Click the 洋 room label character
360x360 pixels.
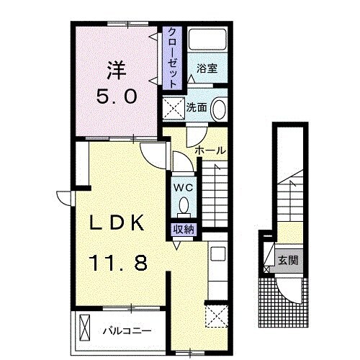117,71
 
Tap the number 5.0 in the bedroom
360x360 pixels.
117,96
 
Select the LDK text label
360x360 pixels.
117,223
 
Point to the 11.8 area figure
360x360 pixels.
118,263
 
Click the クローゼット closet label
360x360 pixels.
172,58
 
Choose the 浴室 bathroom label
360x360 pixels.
207,68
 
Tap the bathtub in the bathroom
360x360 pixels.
207,40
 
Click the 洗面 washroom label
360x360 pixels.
197,107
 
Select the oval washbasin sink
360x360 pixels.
219,109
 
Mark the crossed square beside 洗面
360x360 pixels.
174,109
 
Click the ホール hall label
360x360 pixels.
210,150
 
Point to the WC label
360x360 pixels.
184,188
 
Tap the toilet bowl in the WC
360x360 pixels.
184,205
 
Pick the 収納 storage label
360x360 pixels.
184,230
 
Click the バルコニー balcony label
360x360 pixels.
127,331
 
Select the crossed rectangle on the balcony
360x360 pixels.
84,327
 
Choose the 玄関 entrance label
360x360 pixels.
288,260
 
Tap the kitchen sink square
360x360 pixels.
218,253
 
